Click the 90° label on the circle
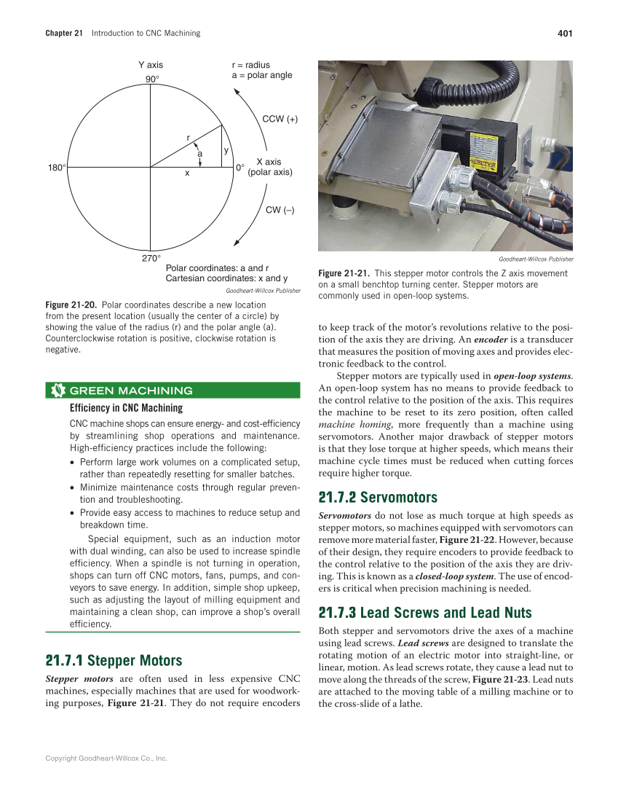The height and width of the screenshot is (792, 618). (x=151, y=79)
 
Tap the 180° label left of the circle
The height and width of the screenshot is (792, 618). (x=57, y=168)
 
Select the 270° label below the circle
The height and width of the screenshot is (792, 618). (x=151, y=258)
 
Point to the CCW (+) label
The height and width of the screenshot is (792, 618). (x=280, y=119)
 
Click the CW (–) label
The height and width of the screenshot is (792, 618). (x=280, y=210)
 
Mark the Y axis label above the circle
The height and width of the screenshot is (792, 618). (x=151, y=66)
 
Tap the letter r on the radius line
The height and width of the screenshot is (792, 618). (x=188, y=137)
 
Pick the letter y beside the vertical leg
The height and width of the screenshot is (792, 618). (x=226, y=150)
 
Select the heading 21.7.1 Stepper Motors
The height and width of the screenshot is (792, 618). (x=114, y=661)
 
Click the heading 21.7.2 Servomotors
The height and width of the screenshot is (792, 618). (x=378, y=498)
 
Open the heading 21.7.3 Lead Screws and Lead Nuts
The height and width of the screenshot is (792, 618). (x=425, y=612)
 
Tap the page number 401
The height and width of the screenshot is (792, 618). (x=565, y=33)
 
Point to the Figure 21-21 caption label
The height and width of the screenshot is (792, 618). (x=344, y=273)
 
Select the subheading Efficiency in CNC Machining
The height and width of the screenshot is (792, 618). (x=126, y=408)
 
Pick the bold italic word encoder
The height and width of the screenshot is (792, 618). (x=491, y=340)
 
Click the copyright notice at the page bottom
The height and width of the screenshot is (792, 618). (x=106, y=758)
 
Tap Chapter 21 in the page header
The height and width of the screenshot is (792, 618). (x=64, y=33)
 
